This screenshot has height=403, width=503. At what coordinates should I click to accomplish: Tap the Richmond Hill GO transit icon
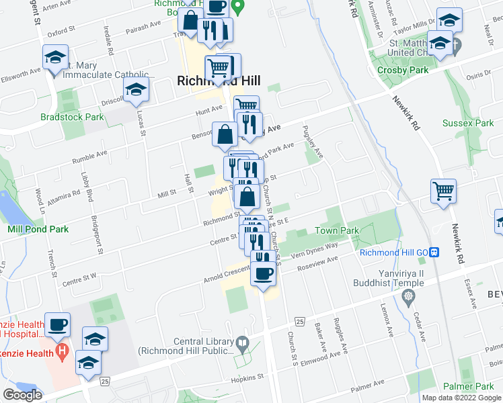click(x=434, y=253)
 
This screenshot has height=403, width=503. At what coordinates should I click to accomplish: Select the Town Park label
click(x=337, y=231)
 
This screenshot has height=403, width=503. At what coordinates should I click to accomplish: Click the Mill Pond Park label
click(x=38, y=229)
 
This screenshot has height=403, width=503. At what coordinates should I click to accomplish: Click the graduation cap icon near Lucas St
click(x=135, y=90)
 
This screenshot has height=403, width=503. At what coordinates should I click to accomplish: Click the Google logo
click(x=22, y=395)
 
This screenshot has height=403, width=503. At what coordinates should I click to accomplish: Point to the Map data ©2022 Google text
click(x=461, y=398)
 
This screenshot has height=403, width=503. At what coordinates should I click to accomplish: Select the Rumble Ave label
click(x=90, y=156)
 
